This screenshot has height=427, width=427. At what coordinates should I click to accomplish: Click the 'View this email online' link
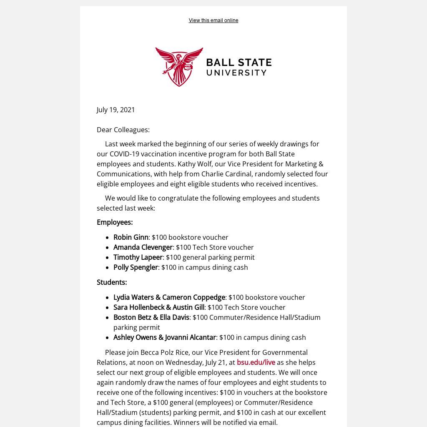[213, 20]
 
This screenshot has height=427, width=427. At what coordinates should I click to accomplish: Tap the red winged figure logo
[179, 66]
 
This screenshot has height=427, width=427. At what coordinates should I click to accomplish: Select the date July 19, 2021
[116, 110]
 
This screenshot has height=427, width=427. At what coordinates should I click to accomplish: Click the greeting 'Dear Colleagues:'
[123, 130]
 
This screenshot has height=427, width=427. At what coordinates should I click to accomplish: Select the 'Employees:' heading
[115, 222]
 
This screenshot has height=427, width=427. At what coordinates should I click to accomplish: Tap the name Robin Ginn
[131, 237]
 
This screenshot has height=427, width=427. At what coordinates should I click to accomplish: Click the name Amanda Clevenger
[143, 247]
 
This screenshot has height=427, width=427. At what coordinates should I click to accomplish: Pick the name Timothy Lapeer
[138, 257]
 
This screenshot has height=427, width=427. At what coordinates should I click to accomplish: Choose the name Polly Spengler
[136, 267]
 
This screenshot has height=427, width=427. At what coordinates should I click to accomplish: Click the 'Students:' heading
[112, 282]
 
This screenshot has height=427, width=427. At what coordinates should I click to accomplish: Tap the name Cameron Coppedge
[193, 297]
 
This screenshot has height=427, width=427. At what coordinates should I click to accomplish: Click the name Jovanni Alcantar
[190, 337]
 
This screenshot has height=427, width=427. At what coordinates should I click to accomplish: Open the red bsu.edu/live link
[256, 362]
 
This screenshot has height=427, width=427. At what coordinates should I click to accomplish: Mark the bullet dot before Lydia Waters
[108, 298]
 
